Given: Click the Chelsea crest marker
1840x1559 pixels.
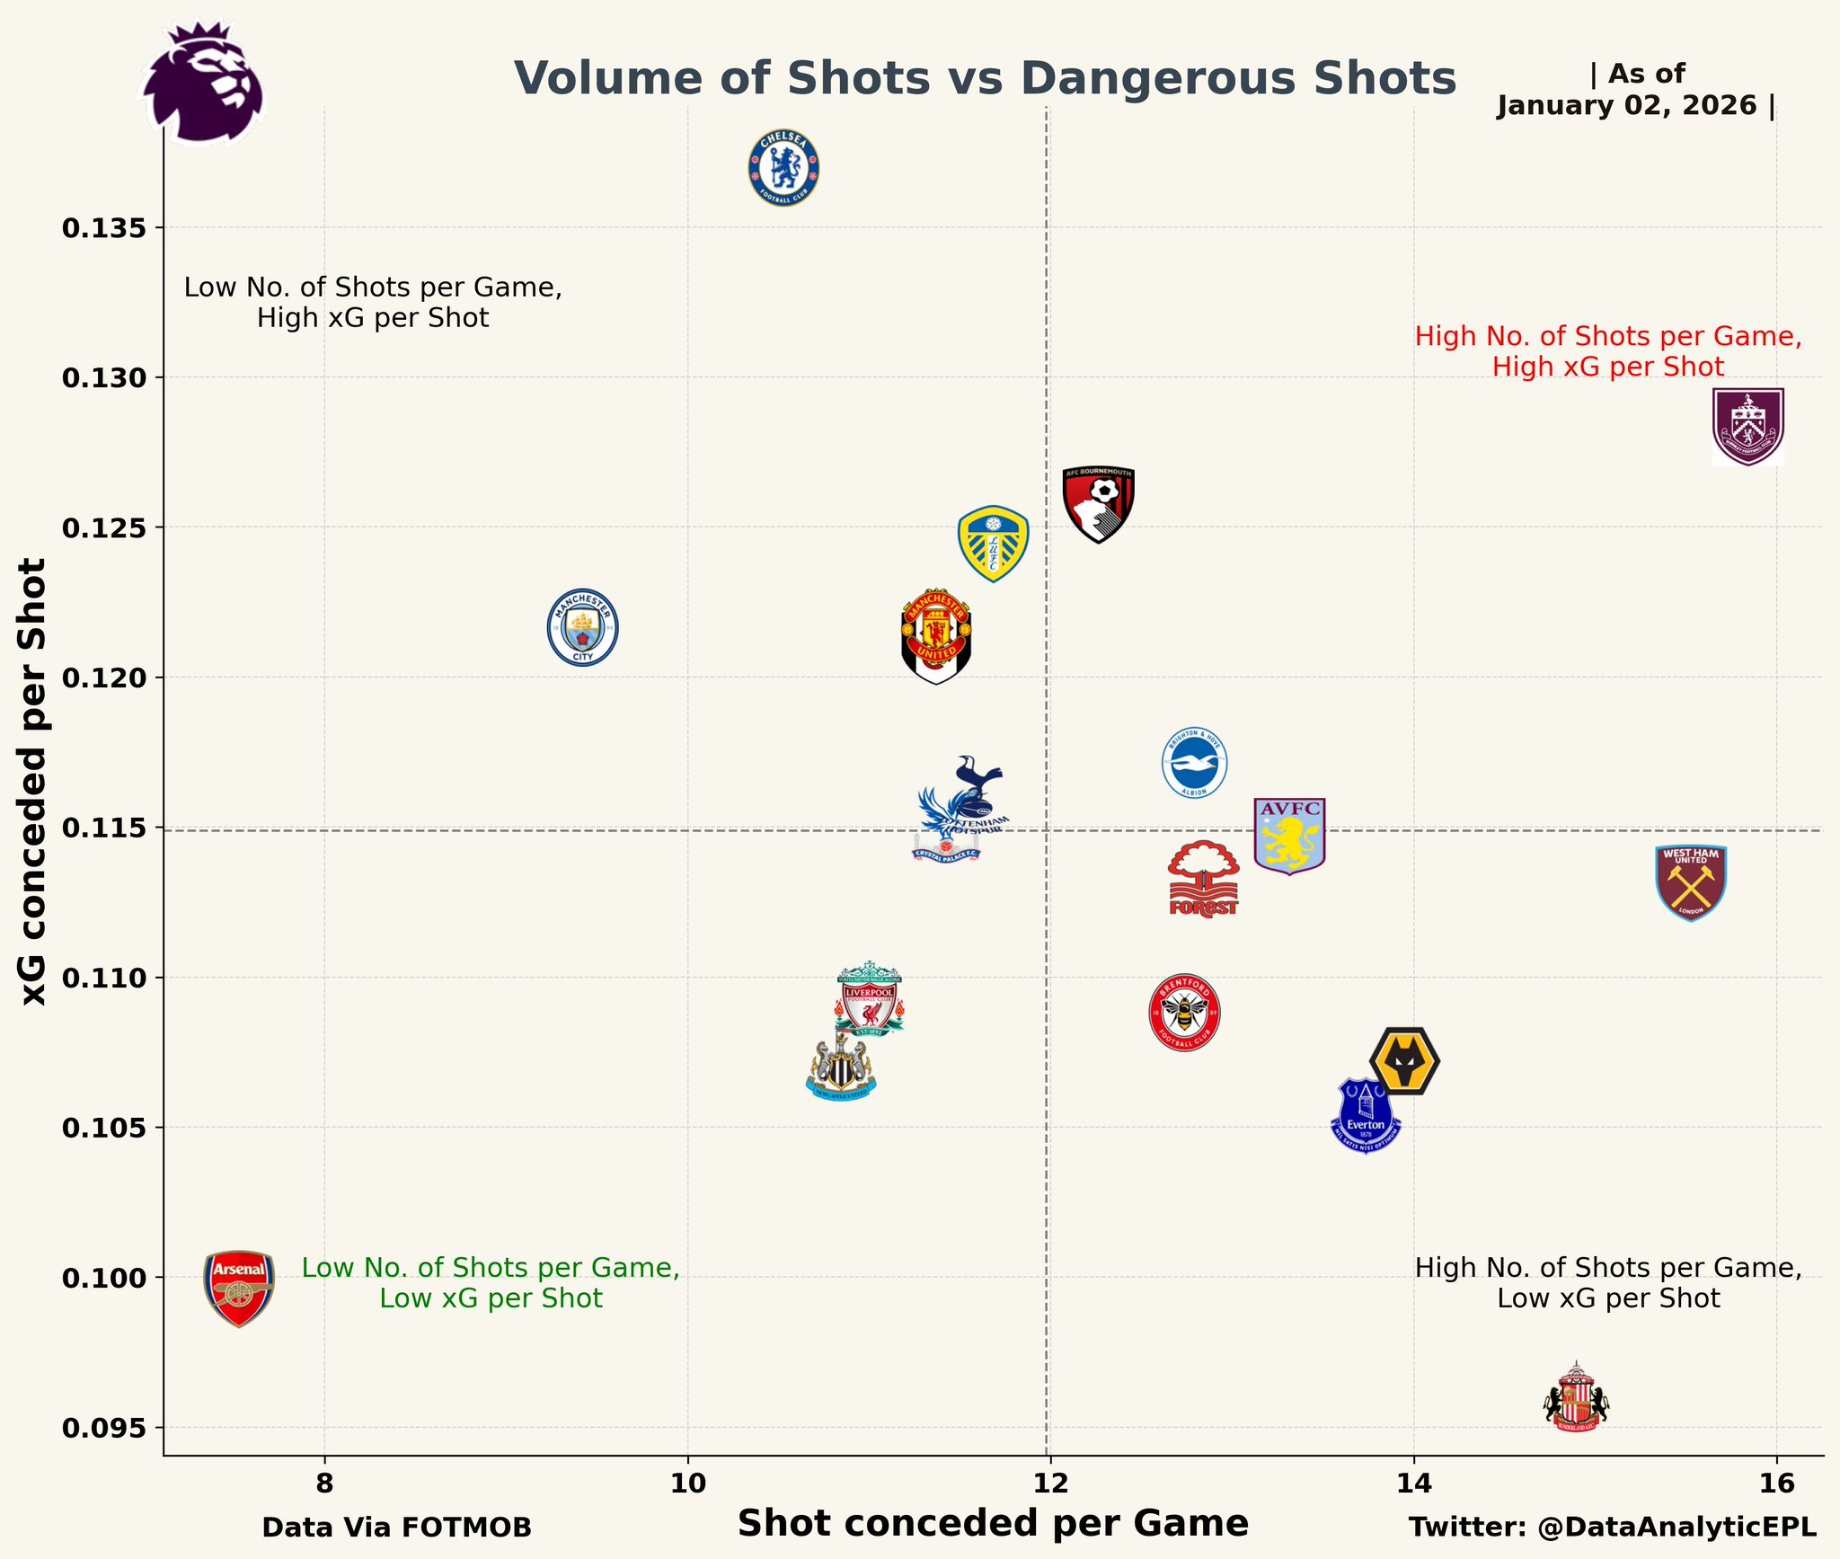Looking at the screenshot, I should tap(783, 167).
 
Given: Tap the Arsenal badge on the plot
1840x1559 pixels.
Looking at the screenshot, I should tap(239, 1288).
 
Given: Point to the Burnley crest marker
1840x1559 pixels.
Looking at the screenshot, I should tap(1747, 427).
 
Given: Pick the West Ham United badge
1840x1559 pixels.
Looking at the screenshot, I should tap(1691, 883).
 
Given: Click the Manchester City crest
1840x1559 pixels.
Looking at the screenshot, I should tap(583, 627).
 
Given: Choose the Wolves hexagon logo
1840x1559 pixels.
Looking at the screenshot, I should tap(1405, 1061).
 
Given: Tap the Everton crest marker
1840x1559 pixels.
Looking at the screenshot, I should tap(1366, 1116).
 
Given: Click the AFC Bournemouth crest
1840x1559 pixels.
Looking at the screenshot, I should tap(1098, 504).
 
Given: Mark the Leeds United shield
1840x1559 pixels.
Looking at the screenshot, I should tap(993, 544).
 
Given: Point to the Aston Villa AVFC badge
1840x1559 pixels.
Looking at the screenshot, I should tap(1289, 836).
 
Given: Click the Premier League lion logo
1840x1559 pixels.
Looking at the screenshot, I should tap(205, 83).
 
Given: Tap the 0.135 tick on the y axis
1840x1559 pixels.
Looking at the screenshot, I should tap(103, 228).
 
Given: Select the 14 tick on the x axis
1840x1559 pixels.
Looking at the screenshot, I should tap(1413, 1482).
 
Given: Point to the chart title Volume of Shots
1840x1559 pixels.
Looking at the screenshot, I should tap(984, 78).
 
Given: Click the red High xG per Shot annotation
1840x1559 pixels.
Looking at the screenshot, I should tap(1607, 351).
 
